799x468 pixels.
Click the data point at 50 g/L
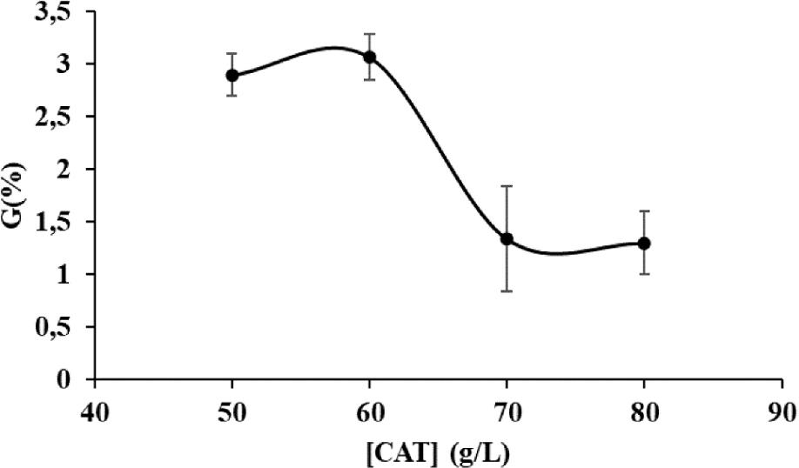point(232,75)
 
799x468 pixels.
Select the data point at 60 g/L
point(370,57)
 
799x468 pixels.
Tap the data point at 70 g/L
point(507,238)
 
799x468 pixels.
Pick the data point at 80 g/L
point(644,243)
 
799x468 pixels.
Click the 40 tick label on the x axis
point(95,409)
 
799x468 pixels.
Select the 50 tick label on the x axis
point(232,409)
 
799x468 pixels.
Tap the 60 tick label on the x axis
point(370,409)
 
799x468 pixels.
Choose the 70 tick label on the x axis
point(507,409)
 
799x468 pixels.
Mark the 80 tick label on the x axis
point(644,409)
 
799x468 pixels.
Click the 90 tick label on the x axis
point(782,409)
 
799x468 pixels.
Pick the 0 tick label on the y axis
point(74,380)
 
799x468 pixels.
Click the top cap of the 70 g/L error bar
point(507,186)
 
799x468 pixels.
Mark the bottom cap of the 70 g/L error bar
point(507,291)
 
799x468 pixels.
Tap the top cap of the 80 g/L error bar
point(644,211)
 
